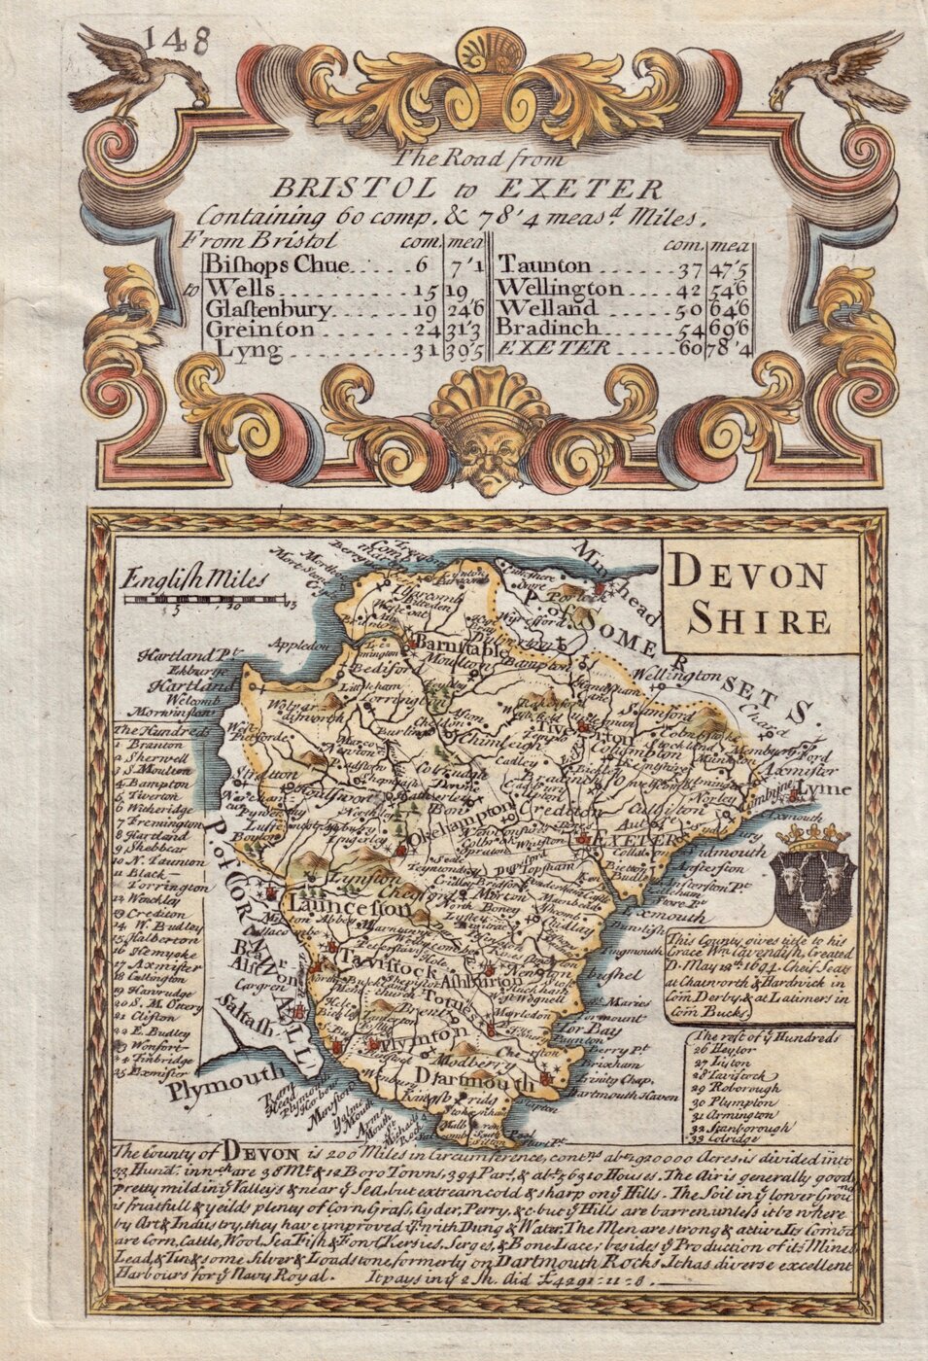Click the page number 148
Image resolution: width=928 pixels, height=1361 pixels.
(x=177, y=41)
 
